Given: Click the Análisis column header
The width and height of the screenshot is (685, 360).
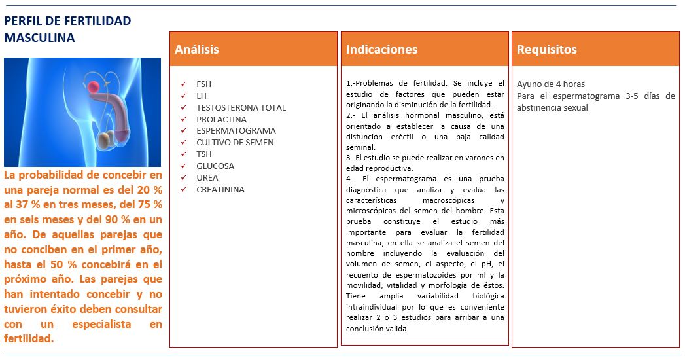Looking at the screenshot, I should pyautogui.click(x=196, y=50).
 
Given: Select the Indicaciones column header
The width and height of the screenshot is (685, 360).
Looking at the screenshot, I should pyautogui.click(x=381, y=50).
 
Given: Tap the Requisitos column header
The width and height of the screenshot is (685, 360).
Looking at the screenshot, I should pyautogui.click(x=546, y=50).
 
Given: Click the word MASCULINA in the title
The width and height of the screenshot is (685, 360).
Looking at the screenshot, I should pyautogui.click(x=39, y=38).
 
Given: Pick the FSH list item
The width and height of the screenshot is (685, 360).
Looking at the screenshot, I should pyautogui.click(x=203, y=84).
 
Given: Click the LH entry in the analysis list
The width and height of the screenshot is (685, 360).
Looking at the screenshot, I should pyautogui.click(x=202, y=96).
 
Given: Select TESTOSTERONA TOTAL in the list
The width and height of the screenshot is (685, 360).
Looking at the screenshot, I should pyautogui.click(x=241, y=108).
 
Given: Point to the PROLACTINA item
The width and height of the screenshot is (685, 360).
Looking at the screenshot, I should pyautogui.click(x=221, y=120).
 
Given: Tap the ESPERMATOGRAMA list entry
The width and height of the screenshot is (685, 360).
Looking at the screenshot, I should pyautogui.click(x=236, y=131).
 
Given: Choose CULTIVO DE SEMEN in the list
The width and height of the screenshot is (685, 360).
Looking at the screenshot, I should pyautogui.click(x=235, y=143).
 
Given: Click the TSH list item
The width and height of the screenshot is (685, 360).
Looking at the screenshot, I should pyautogui.click(x=203, y=154).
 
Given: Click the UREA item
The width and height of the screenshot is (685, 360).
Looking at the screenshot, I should pyautogui.click(x=207, y=178).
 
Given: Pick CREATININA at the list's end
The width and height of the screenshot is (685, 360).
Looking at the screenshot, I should pyautogui.click(x=220, y=190).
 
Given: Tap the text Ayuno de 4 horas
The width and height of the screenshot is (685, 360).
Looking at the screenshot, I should pyautogui.click(x=551, y=84).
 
